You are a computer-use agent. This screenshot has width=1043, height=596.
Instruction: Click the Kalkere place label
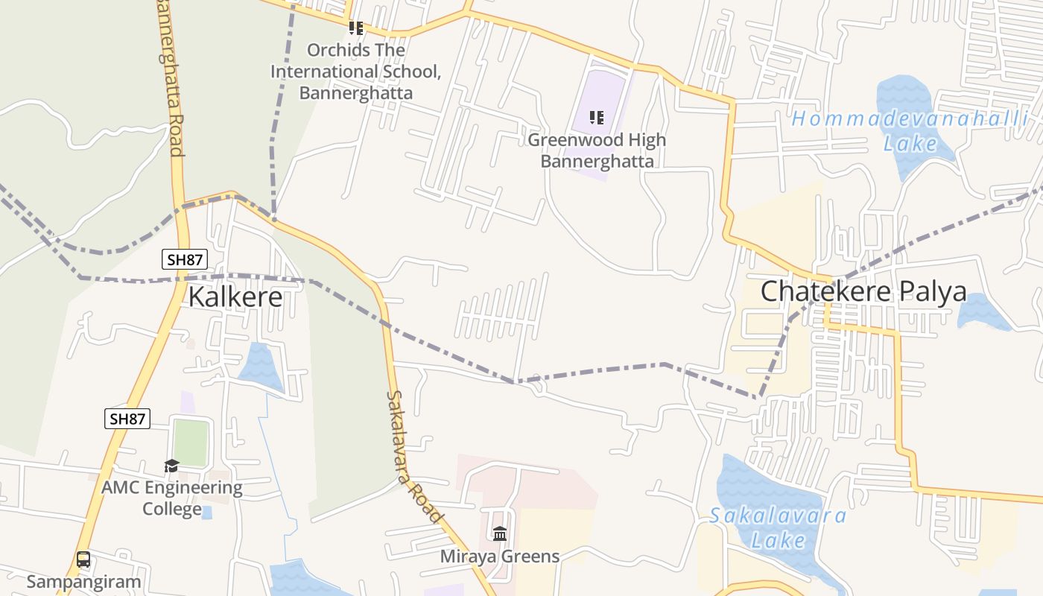click(x=235, y=297)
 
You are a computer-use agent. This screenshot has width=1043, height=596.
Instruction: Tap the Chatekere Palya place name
click(x=863, y=291)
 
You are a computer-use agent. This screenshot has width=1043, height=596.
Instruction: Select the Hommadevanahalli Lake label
click(x=910, y=130)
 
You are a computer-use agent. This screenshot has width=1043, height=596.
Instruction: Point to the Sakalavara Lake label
click(x=778, y=527)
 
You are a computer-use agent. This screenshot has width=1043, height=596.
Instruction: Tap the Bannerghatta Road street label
click(x=171, y=78)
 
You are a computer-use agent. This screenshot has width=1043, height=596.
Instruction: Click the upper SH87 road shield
click(x=184, y=259)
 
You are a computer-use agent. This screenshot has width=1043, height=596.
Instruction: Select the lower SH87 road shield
click(x=127, y=419)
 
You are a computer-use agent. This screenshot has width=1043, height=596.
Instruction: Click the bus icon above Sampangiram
click(x=83, y=559)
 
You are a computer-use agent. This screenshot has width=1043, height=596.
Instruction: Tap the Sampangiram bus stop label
click(x=83, y=581)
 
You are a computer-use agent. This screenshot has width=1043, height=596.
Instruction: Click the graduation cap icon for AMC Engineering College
click(x=172, y=466)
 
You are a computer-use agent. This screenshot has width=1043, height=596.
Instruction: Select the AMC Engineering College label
click(x=172, y=498)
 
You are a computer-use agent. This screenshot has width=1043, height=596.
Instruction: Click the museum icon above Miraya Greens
click(x=500, y=534)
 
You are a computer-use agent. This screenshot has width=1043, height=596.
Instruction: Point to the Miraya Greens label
click(x=500, y=556)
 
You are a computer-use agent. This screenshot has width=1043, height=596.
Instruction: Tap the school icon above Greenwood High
click(x=596, y=118)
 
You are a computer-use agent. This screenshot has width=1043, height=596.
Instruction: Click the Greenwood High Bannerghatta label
click(x=597, y=150)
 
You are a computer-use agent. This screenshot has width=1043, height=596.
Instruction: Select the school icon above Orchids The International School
click(x=356, y=28)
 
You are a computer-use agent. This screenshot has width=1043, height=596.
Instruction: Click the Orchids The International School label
click(x=356, y=72)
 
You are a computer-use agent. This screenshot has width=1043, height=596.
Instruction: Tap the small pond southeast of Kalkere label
click(x=260, y=366)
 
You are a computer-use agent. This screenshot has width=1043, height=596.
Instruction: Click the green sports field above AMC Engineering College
click(x=190, y=443)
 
